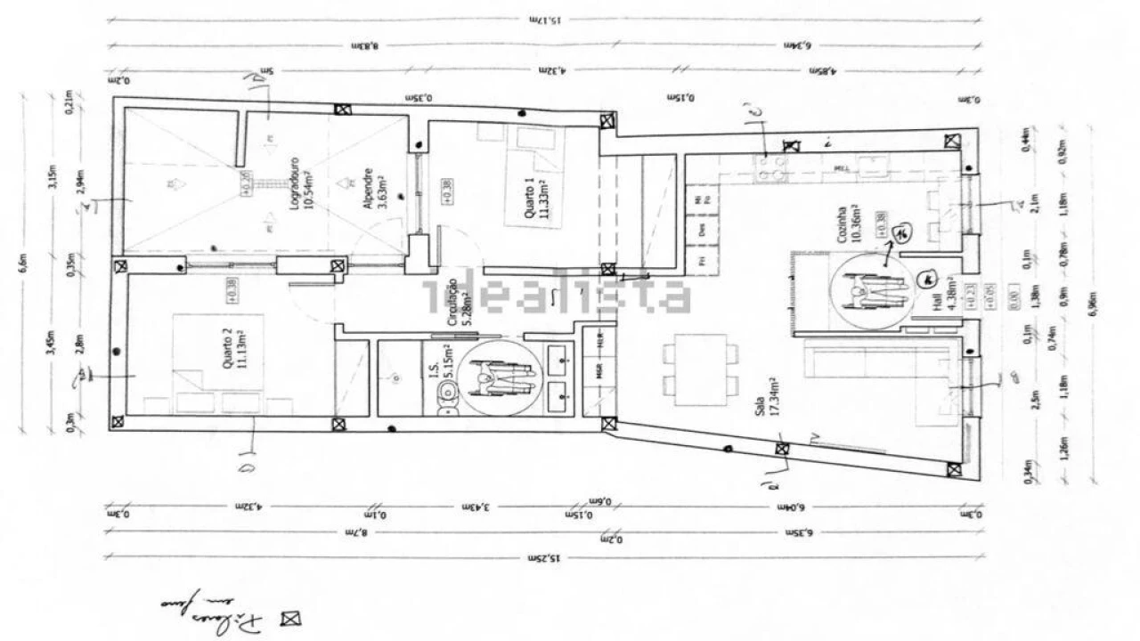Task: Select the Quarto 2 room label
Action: click(x=230, y=346)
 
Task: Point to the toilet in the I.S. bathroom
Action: click(x=448, y=406)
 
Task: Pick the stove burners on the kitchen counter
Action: click(x=767, y=167)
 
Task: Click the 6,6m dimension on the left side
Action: click(x=25, y=264)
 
